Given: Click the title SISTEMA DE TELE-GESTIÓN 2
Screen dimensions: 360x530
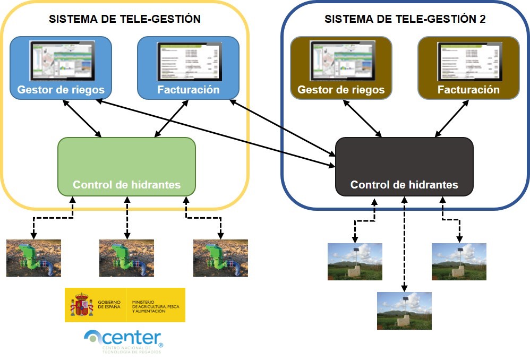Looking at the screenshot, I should [405, 20].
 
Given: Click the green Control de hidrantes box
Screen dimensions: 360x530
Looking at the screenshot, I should [126, 166].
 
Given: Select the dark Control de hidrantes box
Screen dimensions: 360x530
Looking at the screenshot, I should [404, 166].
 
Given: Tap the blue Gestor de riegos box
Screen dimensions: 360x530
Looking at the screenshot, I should [61, 67].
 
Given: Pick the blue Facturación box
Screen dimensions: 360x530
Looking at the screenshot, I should [188, 67].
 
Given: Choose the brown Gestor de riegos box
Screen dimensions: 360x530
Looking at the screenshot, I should [341, 67].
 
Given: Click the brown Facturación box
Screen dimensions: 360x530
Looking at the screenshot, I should [468, 67].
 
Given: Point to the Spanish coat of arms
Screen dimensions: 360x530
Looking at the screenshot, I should [81, 305].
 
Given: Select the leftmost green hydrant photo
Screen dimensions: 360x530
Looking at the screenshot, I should [33, 258].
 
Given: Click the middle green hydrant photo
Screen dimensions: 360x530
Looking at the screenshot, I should [126, 258].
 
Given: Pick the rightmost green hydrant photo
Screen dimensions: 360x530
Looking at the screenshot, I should [220, 258].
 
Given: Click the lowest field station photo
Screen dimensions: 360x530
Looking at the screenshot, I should [404, 311].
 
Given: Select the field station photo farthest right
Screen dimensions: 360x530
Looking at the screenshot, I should [458, 262].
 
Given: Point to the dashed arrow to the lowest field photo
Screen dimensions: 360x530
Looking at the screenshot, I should [405, 244].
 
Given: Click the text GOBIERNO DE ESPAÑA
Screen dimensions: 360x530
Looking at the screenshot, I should [109, 305].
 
